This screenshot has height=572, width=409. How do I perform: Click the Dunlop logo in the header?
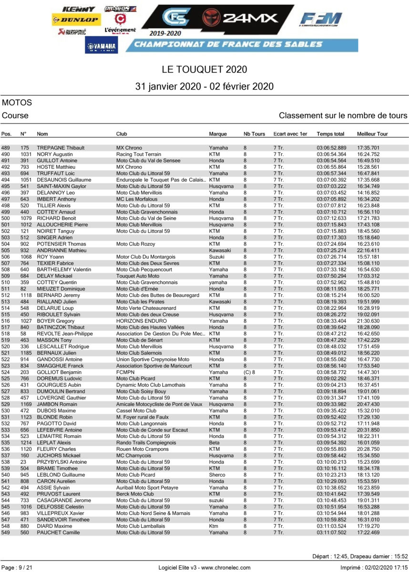pyautogui.click(x=76, y=20)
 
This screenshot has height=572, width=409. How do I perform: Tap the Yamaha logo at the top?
pyautogui.click(x=102, y=45)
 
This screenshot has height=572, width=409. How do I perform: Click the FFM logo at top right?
pyautogui.click(x=320, y=20)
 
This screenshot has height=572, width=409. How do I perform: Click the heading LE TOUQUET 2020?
pyautogui.click(x=204, y=70)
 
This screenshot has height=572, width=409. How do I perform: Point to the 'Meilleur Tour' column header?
pyautogui.click(x=372, y=134)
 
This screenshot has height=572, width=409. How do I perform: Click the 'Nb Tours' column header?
pyautogui.click(x=254, y=134)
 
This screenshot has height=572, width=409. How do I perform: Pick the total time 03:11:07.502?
pyautogui.click(x=331, y=532)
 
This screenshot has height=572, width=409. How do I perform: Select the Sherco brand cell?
pyautogui.click(x=217, y=475)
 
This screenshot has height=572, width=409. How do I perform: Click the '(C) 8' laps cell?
pyautogui.click(x=250, y=372)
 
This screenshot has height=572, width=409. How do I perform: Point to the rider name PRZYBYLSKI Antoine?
pyautogui.click(x=61, y=462)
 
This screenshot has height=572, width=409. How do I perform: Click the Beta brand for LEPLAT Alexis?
pyautogui.click(x=214, y=443)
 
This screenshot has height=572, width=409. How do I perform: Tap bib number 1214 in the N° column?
pyautogui.click(x=26, y=443)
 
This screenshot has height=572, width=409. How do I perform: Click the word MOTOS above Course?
pyautogui.click(x=17, y=102)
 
